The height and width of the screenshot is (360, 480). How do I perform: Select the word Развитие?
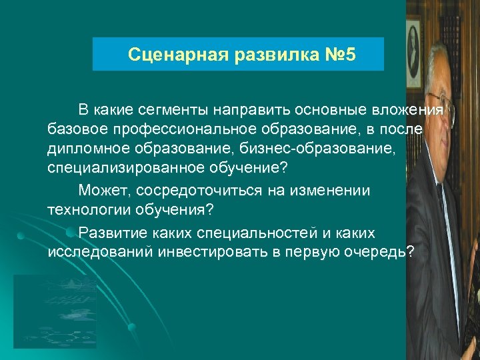pyautogui.click(x=110, y=233)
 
